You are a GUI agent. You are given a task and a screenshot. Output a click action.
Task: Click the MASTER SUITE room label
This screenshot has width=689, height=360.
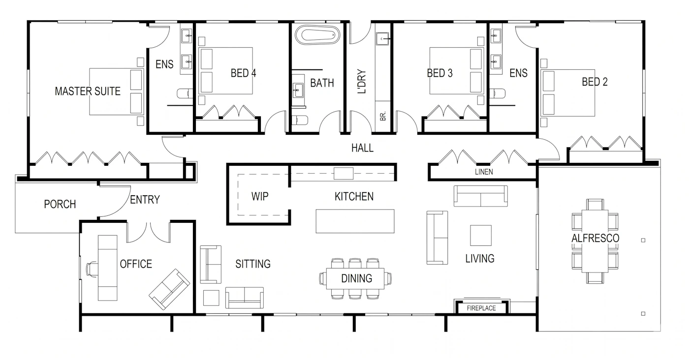coord(88,91)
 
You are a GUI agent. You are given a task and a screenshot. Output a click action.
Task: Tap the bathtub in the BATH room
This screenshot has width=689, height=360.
coord(317,35)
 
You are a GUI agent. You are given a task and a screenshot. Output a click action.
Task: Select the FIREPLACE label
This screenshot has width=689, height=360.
coord(481,308)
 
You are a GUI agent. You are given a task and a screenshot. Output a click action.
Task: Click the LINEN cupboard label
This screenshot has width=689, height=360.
coord(484,172)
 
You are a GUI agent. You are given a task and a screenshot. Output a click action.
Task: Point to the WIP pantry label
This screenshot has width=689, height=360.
coord(260,196)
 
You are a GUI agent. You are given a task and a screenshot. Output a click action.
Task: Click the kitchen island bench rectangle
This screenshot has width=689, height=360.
coord(355,221)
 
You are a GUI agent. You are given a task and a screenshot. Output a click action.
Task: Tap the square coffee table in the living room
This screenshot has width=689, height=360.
coord(481,236)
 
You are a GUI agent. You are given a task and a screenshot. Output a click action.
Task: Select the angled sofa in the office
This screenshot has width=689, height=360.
coord(169,289)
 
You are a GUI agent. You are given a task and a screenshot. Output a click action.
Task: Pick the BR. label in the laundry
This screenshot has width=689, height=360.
coord(383,116)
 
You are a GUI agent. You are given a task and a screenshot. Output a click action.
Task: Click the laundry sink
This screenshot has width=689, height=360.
coord(382,39)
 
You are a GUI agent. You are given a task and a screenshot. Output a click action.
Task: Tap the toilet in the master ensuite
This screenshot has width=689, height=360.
coord(185,93)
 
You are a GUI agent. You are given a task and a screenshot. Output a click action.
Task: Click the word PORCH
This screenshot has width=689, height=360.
coord(60,204)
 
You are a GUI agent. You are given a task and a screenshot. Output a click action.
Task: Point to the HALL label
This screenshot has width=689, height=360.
coord(362,148)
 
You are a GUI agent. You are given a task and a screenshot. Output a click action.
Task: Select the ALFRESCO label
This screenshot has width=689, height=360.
coord(595,238)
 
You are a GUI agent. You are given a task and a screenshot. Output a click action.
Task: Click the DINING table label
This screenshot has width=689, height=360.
coord(357,278)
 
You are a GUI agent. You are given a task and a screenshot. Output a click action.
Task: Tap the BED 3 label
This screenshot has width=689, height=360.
coord(440,73)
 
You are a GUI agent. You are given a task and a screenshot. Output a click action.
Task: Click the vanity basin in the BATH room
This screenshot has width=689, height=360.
coord(298,90)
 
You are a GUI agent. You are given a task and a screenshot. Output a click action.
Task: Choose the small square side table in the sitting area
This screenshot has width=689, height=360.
coord(211,298)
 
